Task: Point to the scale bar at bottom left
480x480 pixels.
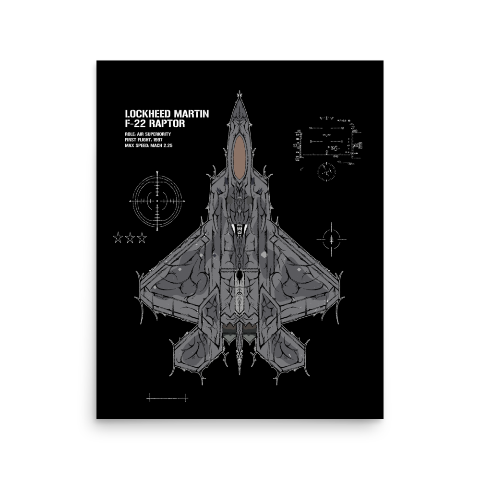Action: coord(168,398)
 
